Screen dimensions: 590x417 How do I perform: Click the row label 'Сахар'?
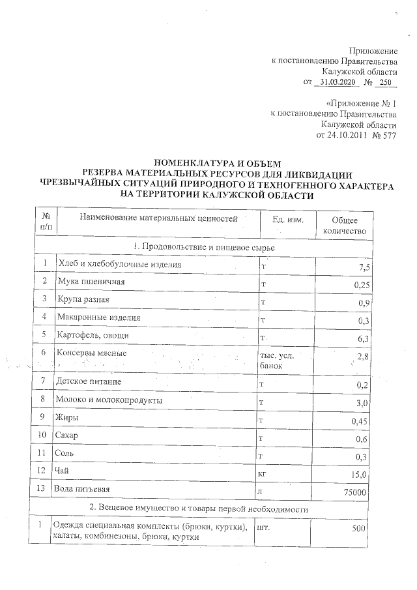coord(69,435)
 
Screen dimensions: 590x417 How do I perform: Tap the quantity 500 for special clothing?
coord(360,529)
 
